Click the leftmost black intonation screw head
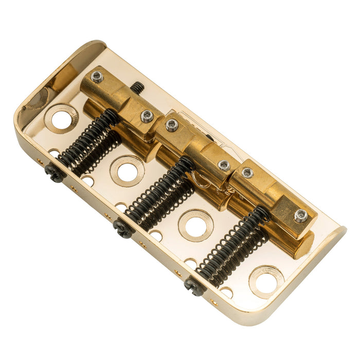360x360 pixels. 55,172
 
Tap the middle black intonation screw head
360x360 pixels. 123,228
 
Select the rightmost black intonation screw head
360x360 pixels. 194,285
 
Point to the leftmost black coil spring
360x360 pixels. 90,139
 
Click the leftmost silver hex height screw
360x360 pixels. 96,77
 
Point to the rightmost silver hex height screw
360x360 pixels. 301,215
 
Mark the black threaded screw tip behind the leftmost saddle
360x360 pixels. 137,87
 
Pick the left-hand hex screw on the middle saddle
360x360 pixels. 172,125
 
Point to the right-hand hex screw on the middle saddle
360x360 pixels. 224,165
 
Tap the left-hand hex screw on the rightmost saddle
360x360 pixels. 247,173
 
